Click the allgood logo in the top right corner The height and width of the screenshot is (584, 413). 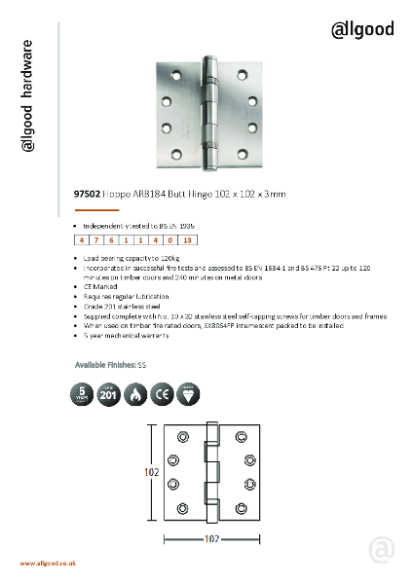(363, 29)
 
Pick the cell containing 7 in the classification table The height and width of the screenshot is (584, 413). (99, 239)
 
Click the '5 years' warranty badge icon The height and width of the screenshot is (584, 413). (82, 395)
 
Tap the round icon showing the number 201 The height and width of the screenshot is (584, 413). (110, 395)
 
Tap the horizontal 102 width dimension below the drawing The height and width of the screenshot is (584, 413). (206, 538)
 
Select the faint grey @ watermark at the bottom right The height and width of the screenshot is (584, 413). (382, 550)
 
